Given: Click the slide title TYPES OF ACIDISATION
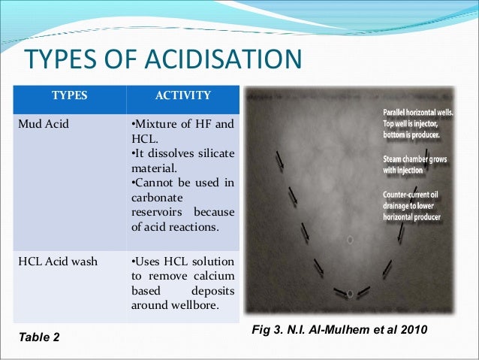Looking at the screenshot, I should coord(163,61).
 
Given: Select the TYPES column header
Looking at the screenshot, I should coord(68,95).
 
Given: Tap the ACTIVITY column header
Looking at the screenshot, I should coord(182,95).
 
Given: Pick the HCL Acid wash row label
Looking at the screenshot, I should coord(50,262).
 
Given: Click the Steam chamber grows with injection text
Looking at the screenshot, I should coord(404,165).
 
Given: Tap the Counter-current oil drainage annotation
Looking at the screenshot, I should coord(410,206).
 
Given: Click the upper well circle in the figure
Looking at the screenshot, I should coord(350,240).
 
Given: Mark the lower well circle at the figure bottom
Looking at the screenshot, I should coord(350,293).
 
